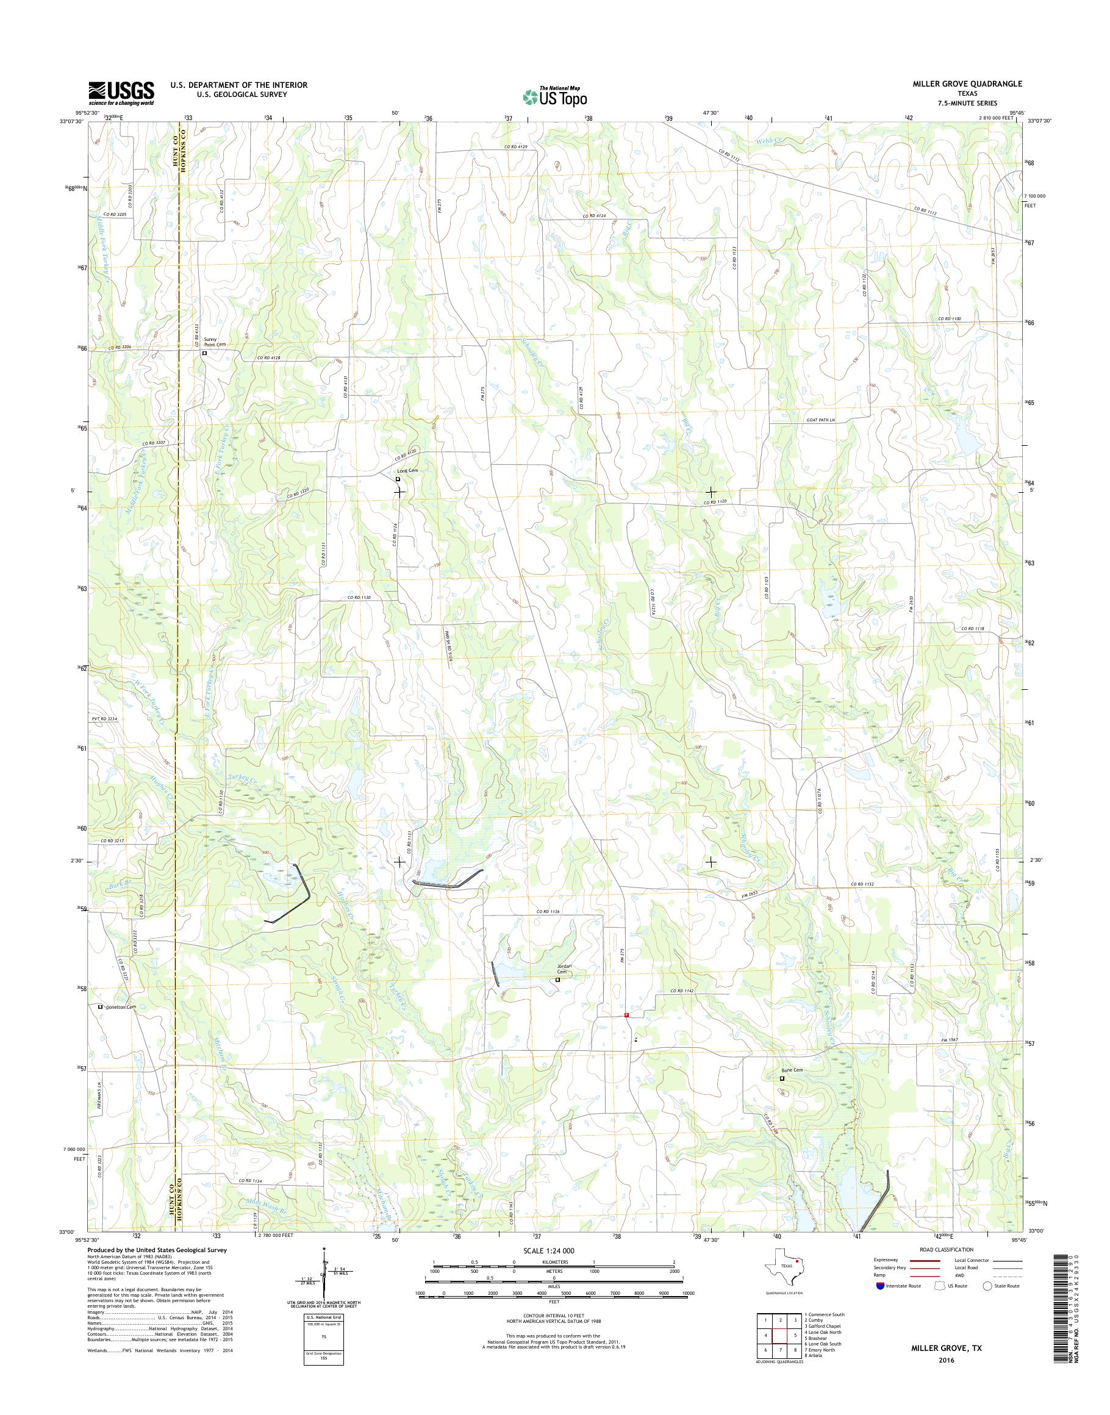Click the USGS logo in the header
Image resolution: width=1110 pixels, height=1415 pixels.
pos(121,93)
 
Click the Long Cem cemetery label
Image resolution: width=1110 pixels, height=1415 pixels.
pos(407,472)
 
